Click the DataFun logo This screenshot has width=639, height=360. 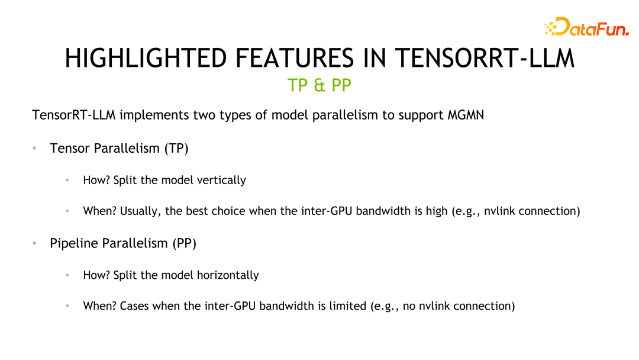586,27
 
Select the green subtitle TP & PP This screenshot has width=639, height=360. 319,85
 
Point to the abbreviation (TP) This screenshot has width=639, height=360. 176,148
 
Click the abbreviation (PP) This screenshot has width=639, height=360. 184,243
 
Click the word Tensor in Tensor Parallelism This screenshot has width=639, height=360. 69,148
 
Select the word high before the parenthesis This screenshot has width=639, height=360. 437,211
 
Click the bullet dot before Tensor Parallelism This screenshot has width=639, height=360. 35,148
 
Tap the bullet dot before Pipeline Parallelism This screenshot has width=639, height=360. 35,243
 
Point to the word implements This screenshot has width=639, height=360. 154,115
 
